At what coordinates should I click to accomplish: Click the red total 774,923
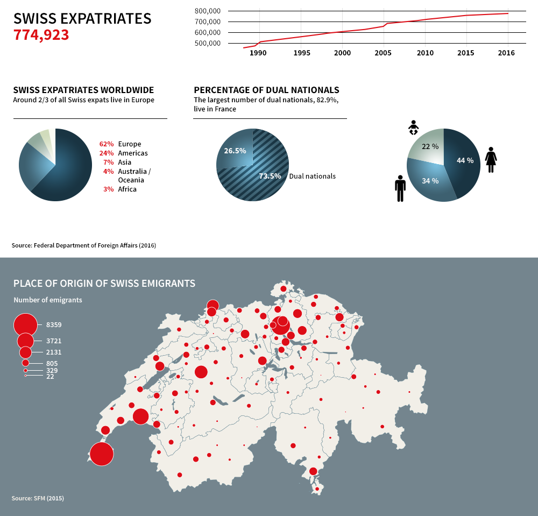(41, 35)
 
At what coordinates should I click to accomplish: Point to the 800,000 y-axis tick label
(207, 11)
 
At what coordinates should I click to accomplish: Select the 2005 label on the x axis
(383, 53)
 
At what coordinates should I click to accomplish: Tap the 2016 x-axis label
(506, 53)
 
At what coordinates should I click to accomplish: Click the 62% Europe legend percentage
(107, 144)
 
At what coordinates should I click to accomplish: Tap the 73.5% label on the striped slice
(270, 176)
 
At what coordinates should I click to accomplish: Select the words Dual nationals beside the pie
(313, 176)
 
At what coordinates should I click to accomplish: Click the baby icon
(413, 128)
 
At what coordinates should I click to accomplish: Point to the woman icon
(491, 160)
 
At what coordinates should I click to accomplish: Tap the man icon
(400, 188)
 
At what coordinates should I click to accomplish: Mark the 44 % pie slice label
(465, 160)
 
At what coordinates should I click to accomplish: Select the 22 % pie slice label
(430, 146)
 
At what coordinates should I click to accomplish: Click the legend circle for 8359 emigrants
(25, 325)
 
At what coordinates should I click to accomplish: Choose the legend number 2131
(54, 352)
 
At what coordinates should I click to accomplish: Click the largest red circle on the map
(102, 454)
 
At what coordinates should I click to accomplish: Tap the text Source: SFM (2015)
(38, 498)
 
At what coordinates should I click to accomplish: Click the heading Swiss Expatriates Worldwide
(83, 90)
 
